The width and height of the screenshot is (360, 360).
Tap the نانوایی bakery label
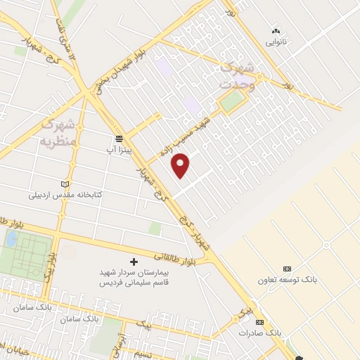coord(276,42)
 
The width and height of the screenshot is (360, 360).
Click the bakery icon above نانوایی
coord(276,31)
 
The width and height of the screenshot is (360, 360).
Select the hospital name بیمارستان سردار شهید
coord(134,272)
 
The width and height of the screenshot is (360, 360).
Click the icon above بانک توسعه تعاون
coord(287,269)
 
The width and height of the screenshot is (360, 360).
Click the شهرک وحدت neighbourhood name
coord(236,75)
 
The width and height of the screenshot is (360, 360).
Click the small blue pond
coord(12,239)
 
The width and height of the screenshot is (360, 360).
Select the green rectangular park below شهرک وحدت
coord(231,103)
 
